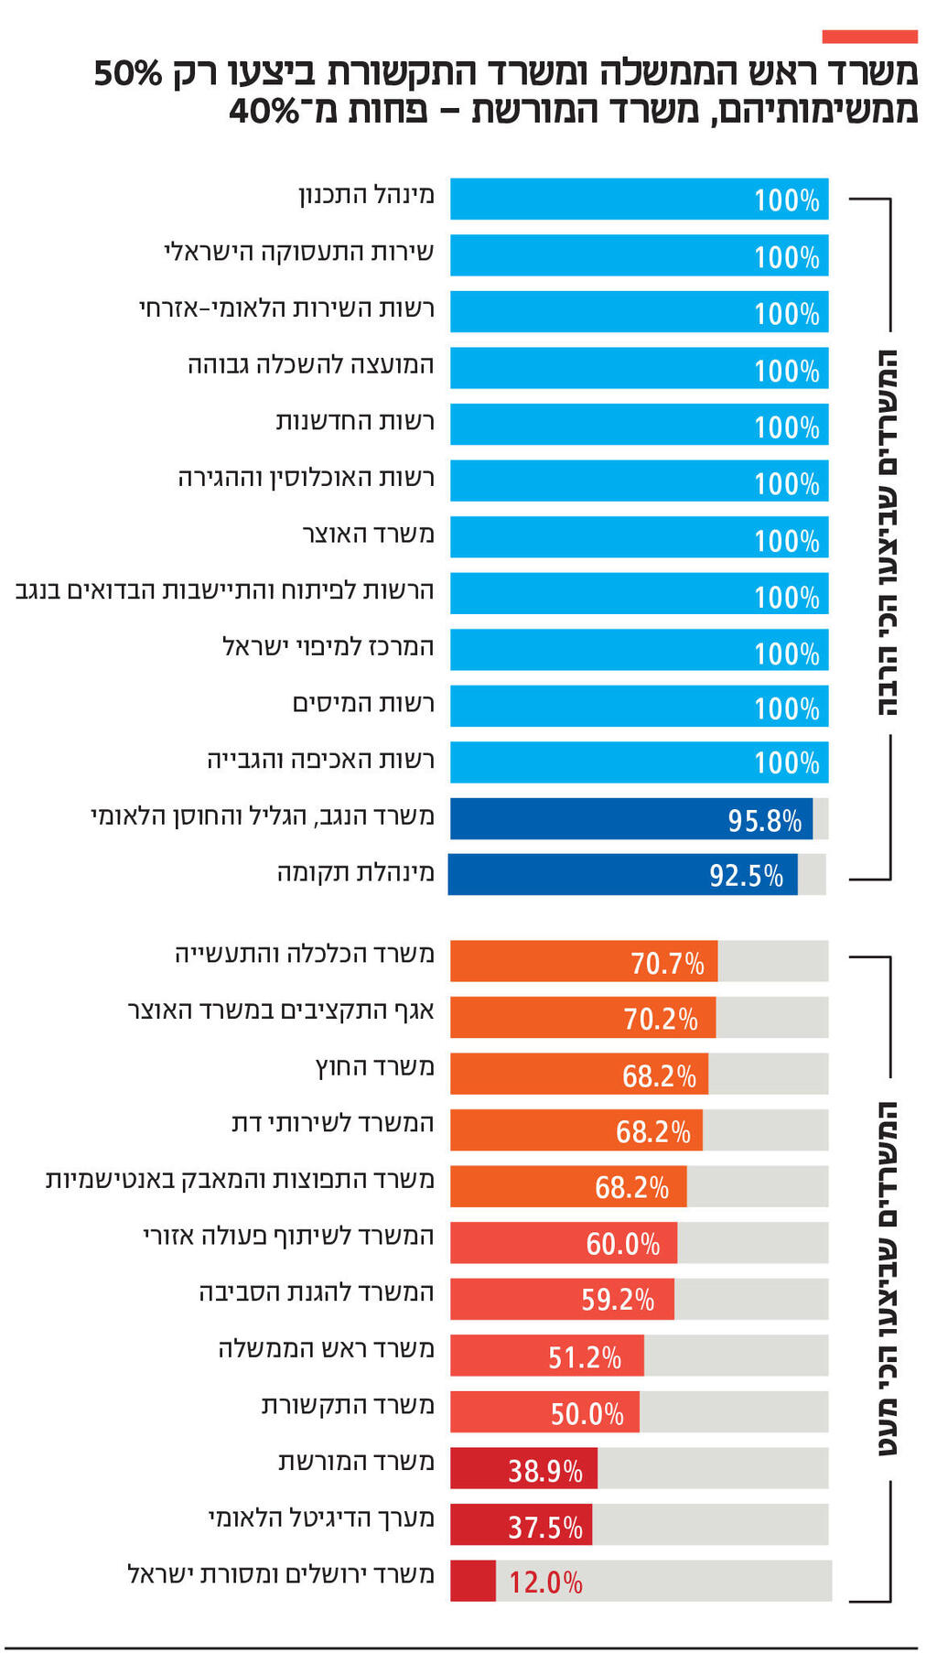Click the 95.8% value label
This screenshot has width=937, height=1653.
coord(764,820)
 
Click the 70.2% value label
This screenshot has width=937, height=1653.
coord(661,1019)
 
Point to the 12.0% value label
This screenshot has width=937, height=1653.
coord(545,1582)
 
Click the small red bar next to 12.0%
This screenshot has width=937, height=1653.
coord(472,1581)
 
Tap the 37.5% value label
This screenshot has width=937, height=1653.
coord(545,1527)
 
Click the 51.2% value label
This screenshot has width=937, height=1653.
coord(585,1356)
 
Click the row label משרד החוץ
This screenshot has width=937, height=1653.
coord(375,1067)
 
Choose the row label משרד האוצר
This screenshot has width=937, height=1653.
coord(368,534)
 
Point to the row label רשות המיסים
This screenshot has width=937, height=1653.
coord(363,703)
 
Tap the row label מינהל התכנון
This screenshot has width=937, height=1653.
coord(366,195)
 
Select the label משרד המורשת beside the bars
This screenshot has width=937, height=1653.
coord(356,1462)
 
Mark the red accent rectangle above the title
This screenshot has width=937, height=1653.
coord(869,37)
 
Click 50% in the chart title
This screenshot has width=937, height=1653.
coord(128,73)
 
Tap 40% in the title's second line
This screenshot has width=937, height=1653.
coord(264,112)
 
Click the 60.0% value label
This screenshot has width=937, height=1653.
coord(622,1244)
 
